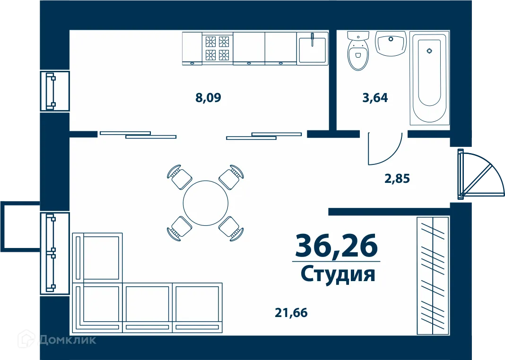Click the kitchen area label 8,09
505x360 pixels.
(208, 98)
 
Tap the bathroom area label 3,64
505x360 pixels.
(374, 98)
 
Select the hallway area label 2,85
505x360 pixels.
(396, 179)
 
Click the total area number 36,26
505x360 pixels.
(336, 245)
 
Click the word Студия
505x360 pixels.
(338, 274)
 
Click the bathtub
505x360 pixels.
(429, 78)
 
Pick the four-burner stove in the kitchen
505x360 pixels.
(218, 48)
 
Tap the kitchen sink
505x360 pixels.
(312, 47)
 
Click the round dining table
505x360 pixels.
(206, 203)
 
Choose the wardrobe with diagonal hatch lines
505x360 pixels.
(432, 276)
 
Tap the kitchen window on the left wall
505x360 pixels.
(54, 91)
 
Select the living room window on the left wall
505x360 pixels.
(54, 253)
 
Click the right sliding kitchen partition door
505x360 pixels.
(264, 136)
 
